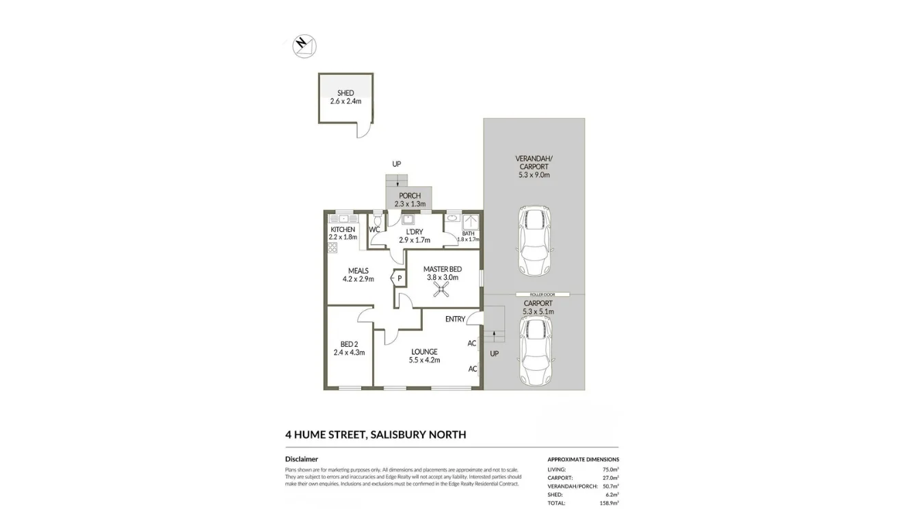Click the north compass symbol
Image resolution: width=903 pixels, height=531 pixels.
coord(304,45)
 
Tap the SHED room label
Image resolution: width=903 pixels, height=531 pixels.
coord(345,93)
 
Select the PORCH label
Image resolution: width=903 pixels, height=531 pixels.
coord(410,196)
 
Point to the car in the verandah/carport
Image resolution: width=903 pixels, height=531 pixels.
coord(534,239)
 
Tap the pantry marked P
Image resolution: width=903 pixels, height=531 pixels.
coord(399,279)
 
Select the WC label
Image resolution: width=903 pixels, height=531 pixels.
coord(374,230)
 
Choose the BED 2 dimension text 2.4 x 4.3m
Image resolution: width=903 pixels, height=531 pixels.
coord(349,353)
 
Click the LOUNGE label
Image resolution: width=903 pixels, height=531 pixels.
coord(424,352)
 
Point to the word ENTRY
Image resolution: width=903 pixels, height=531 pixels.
coord(455,319)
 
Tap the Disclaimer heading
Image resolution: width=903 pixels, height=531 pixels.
coord(302,459)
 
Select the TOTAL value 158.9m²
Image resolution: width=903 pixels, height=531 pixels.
coord(609,503)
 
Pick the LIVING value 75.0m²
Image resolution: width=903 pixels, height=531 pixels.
coord(610,469)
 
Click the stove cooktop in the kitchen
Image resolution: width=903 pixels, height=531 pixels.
coord(332,247)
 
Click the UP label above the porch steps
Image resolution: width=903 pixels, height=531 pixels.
coord(396,164)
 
